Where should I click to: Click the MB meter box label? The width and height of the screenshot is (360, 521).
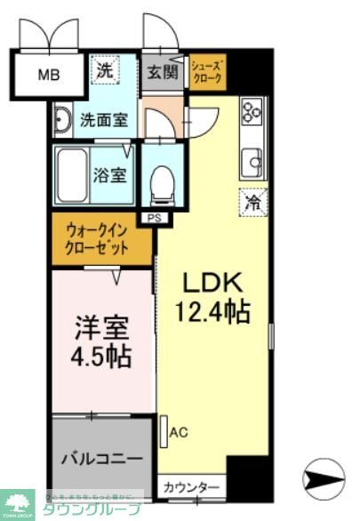48,75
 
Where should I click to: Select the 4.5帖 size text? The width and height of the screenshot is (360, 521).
101,357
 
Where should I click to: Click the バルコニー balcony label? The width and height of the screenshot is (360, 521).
101,459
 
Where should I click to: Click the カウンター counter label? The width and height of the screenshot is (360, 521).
191,487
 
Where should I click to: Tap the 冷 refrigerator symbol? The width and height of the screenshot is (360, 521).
252,202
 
